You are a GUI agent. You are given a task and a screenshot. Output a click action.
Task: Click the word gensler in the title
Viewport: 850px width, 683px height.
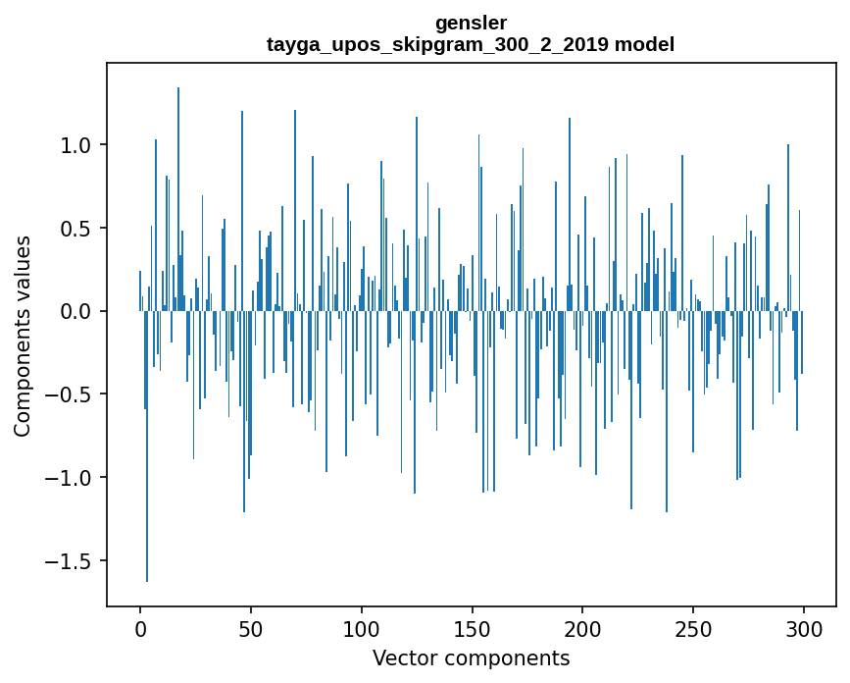coord(471,23)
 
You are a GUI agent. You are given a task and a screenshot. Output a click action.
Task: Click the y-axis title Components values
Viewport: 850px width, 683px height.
coord(23,336)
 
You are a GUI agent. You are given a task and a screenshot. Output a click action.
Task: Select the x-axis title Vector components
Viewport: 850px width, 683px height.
coord(471,657)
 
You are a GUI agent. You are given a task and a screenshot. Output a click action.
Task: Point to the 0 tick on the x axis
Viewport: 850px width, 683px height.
coord(140,628)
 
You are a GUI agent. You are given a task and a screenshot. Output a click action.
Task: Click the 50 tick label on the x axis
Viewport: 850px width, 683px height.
coord(251,628)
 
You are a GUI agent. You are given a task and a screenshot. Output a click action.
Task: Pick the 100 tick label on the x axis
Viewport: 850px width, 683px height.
coord(362,628)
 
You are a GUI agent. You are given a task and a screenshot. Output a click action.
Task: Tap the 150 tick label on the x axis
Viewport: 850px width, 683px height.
coord(473,628)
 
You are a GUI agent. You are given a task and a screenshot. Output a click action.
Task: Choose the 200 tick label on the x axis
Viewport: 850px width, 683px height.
coord(583,628)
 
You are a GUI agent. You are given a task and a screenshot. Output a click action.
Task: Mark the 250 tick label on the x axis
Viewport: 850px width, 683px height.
coord(693,628)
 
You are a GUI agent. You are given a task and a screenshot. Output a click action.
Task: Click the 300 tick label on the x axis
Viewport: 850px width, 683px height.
coord(804,628)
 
